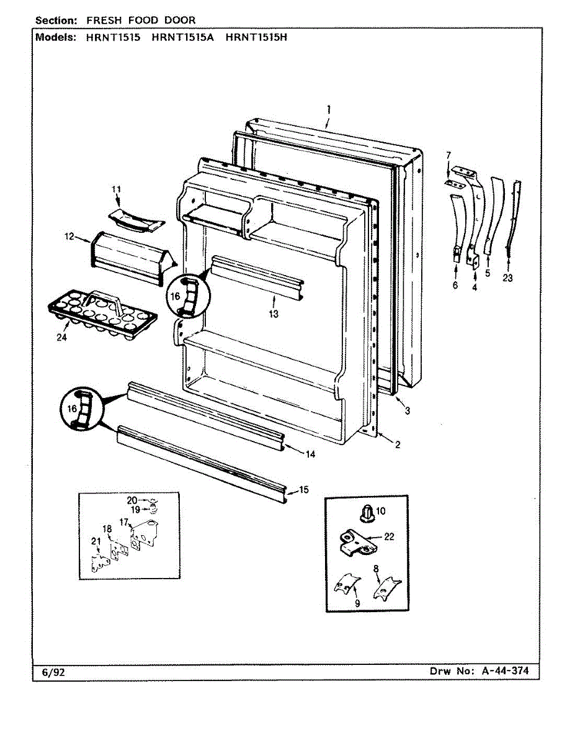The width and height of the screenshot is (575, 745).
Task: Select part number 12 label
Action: pos(69,237)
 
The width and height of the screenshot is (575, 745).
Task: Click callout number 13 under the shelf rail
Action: pos(274,314)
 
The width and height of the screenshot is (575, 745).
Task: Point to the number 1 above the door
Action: pos(328,109)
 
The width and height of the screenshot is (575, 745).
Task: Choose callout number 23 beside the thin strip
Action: pos(508,278)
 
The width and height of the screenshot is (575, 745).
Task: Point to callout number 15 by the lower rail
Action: pos(303,490)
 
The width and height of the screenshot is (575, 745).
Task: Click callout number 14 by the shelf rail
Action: pos(310,454)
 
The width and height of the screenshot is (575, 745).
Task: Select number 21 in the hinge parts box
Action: pos(96,541)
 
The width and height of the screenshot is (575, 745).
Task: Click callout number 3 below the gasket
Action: pos(407,411)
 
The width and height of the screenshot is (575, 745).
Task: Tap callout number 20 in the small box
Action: pos(132,500)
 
